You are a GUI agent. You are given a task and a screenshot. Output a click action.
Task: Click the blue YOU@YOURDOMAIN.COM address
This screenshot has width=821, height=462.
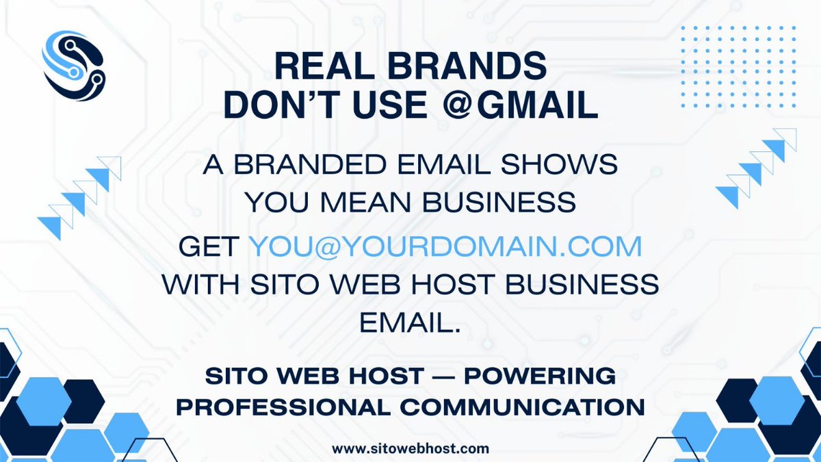[445, 247]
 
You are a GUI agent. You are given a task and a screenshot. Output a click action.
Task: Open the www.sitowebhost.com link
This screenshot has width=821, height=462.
[410, 448]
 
